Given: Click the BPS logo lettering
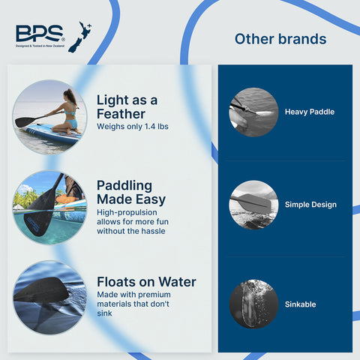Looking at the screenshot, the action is click(x=39, y=33).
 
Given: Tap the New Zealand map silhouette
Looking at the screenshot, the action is click(x=80, y=37).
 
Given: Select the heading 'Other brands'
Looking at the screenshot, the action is click(x=280, y=39).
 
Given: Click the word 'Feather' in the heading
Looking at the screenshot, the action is click(x=121, y=114).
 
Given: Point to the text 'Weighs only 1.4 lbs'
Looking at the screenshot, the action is click(x=133, y=127).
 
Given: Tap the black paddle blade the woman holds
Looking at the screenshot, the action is click(x=23, y=121).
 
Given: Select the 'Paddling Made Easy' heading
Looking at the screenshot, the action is click(x=131, y=193).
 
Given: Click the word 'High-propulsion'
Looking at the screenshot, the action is click(x=127, y=212).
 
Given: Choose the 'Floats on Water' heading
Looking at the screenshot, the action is click(x=146, y=282).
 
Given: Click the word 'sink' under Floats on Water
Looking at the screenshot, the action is click(x=104, y=313).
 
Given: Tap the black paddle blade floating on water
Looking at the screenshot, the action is click(x=41, y=289).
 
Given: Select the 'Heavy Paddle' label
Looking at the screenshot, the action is click(x=310, y=112).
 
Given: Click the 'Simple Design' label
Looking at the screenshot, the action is click(x=310, y=205).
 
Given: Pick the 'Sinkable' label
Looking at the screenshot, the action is click(x=300, y=304).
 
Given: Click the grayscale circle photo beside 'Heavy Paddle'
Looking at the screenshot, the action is click(x=253, y=112).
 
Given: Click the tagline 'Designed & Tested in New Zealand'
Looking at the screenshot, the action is click(x=40, y=46).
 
